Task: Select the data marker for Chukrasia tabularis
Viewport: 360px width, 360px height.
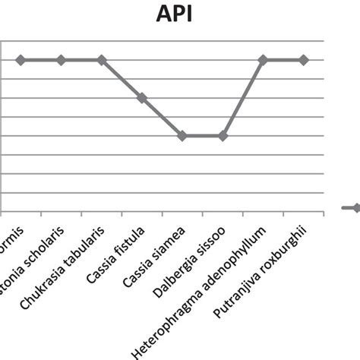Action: (x=102, y=59)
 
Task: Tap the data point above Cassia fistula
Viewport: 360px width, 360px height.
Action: (x=142, y=98)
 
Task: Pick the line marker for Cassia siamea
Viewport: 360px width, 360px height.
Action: (x=182, y=136)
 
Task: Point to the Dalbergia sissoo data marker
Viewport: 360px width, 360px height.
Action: (x=223, y=136)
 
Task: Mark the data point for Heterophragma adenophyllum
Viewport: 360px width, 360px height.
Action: (x=263, y=59)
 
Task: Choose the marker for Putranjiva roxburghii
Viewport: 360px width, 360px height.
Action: (x=303, y=59)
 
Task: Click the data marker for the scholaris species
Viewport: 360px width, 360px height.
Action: (x=62, y=59)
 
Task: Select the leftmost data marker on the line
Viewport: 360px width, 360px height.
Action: (x=21, y=59)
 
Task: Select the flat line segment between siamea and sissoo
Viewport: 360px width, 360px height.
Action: (x=202, y=136)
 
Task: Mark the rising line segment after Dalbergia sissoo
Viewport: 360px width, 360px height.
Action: (x=243, y=97)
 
